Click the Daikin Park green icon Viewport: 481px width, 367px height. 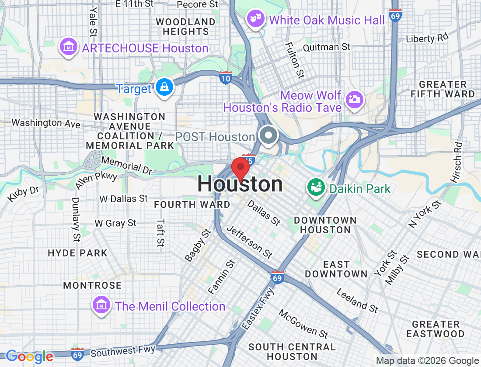(x=316, y=188)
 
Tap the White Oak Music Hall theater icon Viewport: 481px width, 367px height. (x=256, y=18)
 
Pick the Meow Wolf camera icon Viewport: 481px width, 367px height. (x=354, y=99)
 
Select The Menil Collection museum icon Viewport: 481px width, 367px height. (x=101, y=305)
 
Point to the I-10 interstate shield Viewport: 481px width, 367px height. (x=226, y=78)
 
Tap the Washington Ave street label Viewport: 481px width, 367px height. (x=46, y=123)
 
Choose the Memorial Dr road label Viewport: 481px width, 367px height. (x=127, y=164)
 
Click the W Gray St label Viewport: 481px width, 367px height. (x=115, y=223)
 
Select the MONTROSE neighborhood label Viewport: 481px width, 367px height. (x=92, y=285)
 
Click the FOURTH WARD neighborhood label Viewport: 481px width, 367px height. (x=192, y=204)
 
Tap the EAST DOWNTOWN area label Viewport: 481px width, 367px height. (x=336, y=269)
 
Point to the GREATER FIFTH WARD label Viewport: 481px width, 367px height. (x=443, y=89)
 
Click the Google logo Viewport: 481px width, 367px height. (x=30, y=357)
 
